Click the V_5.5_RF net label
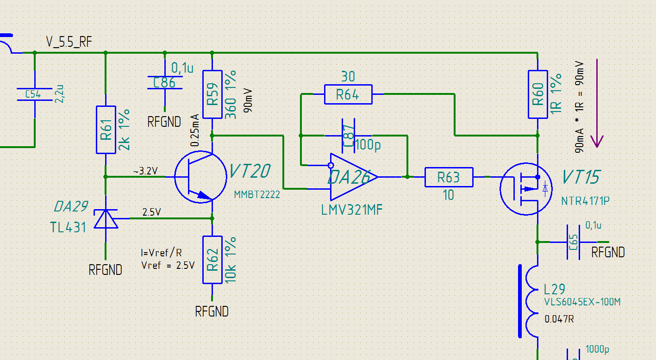pos(69,42)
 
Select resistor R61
pos(106,130)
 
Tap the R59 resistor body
pos(212,94)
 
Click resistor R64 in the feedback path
pos(348,94)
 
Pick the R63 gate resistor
pos(449,177)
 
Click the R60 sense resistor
pos(537,94)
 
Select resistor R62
pos(212,260)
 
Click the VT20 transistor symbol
pos(200,177)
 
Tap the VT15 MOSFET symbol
pos(526,189)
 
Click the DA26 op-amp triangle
pos(354,177)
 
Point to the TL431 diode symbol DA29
pos(106,218)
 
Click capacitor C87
pos(348,136)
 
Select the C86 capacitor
pos(165,82)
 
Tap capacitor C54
pos(35,94)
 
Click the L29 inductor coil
pos(530,301)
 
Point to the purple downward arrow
pos(597,103)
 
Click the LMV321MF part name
pos(352,210)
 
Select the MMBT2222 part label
pos(257,195)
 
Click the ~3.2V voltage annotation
pos(145,171)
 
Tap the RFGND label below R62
pos(212,311)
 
